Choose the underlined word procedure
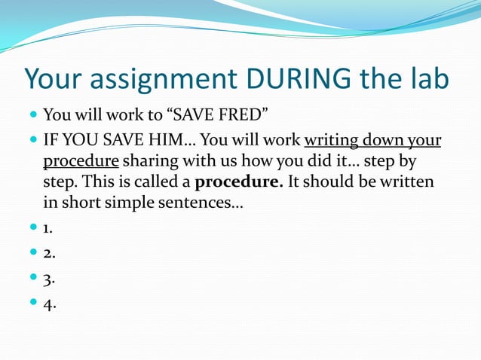(79, 162)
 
